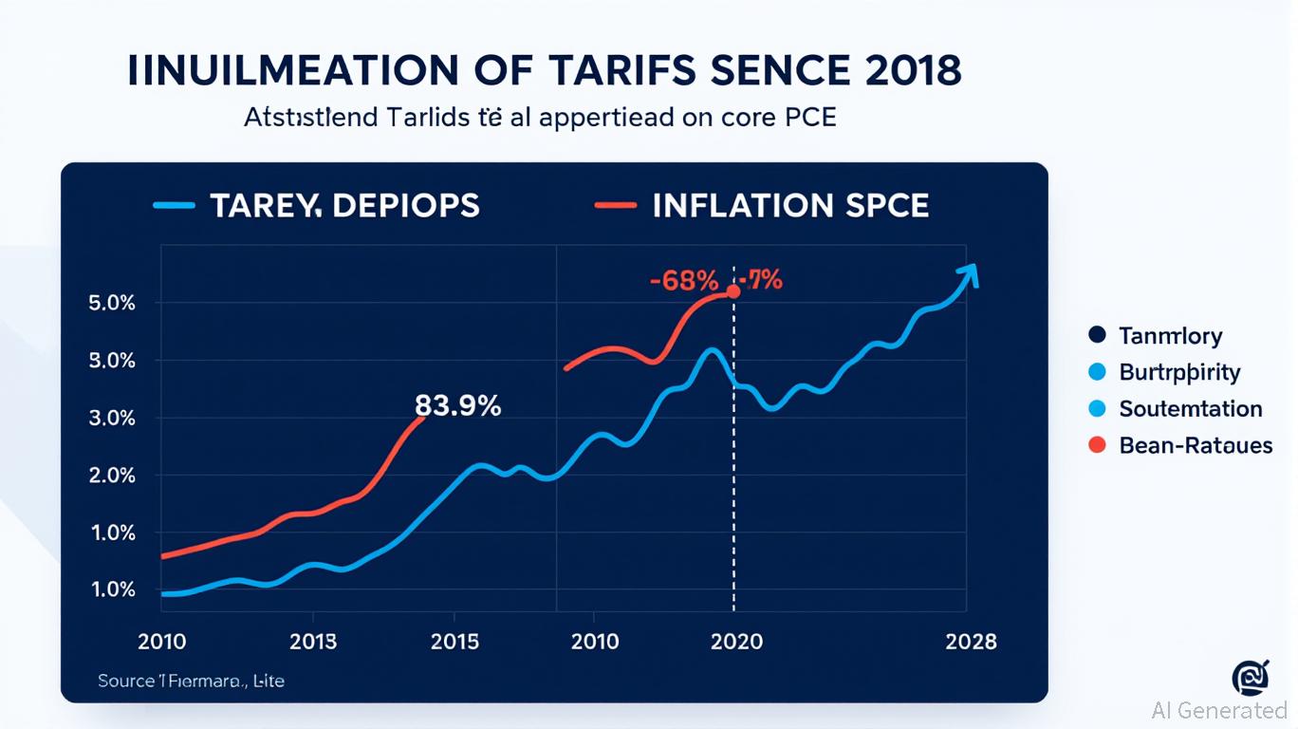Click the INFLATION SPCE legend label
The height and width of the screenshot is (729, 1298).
pyautogui.click(x=790, y=205)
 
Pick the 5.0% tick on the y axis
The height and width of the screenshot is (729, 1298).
pyautogui.click(x=113, y=304)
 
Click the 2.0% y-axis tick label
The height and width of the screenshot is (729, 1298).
pyautogui.click(x=113, y=476)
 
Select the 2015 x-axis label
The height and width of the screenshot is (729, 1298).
pyautogui.click(x=456, y=642)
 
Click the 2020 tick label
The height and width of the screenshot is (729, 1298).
pyautogui.click(x=736, y=642)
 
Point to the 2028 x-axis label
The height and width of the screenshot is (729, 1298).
pyautogui.click(x=971, y=642)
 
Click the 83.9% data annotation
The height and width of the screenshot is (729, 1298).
pyautogui.click(x=457, y=406)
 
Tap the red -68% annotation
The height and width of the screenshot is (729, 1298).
pyautogui.click(x=683, y=281)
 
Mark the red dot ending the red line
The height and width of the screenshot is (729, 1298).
pyautogui.click(x=732, y=291)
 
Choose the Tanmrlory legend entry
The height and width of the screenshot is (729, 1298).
pyautogui.click(x=1170, y=335)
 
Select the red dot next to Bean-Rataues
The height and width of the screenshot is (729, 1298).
pyautogui.click(x=1098, y=444)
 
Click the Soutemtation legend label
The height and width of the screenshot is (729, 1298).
pyautogui.click(x=1190, y=409)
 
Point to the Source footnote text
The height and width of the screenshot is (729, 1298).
pyautogui.click(x=191, y=681)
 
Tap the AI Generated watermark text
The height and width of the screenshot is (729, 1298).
pyautogui.click(x=1218, y=710)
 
